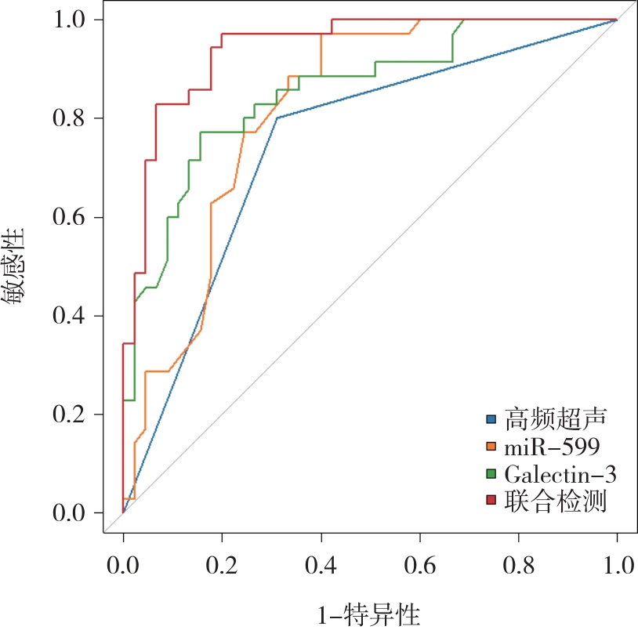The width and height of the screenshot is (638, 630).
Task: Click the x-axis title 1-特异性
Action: click(370, 610)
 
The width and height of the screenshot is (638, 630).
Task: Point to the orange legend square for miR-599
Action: click(492, 447)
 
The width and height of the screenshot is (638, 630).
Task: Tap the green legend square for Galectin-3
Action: click(492, 474)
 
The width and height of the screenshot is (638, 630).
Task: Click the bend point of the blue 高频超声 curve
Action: click(277, 118)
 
